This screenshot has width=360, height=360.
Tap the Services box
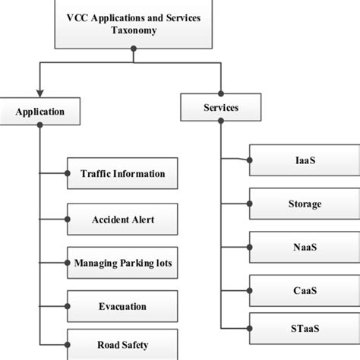220,108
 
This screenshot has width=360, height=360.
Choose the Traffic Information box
122,173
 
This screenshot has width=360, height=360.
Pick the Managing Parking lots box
122,263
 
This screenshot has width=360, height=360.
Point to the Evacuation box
122,307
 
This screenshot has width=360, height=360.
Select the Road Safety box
122,343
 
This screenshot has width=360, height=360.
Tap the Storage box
301,204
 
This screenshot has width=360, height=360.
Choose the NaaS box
301,248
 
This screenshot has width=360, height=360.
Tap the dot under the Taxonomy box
134,49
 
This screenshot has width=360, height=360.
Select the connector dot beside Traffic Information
68,174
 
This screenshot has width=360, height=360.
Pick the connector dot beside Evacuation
68,307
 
